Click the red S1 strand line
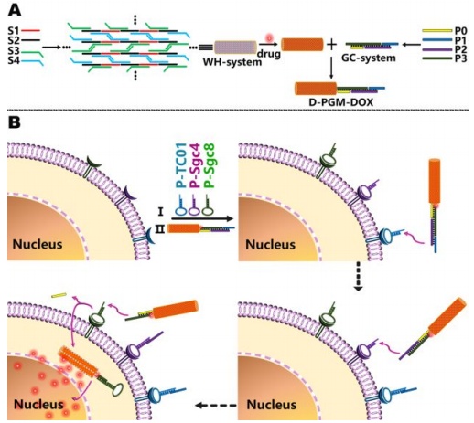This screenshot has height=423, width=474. point(30,31)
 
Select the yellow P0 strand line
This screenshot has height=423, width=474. point(436,31)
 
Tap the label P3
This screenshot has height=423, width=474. point(460,58)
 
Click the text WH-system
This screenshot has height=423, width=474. point(232,62)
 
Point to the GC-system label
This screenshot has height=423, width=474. point(369,58)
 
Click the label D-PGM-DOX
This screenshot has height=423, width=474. point(341,102)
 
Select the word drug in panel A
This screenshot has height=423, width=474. point(269,54)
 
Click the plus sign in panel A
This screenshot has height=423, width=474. point(332,45)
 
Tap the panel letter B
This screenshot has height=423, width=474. point(14,122)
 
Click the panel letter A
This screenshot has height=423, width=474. point(15,10)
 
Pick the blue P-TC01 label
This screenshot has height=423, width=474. point(181,164)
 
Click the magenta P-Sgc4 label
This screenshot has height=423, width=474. point(195,164)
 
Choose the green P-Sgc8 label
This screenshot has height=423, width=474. point(210,164)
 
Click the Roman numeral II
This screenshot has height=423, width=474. point(160,228)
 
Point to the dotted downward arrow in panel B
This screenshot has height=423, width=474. point(359,276)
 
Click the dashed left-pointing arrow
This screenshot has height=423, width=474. point(216,406)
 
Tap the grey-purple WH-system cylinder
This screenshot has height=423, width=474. point(235,48)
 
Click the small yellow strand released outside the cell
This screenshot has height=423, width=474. point(59,295)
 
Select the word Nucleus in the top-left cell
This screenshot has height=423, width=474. point(38,244)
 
